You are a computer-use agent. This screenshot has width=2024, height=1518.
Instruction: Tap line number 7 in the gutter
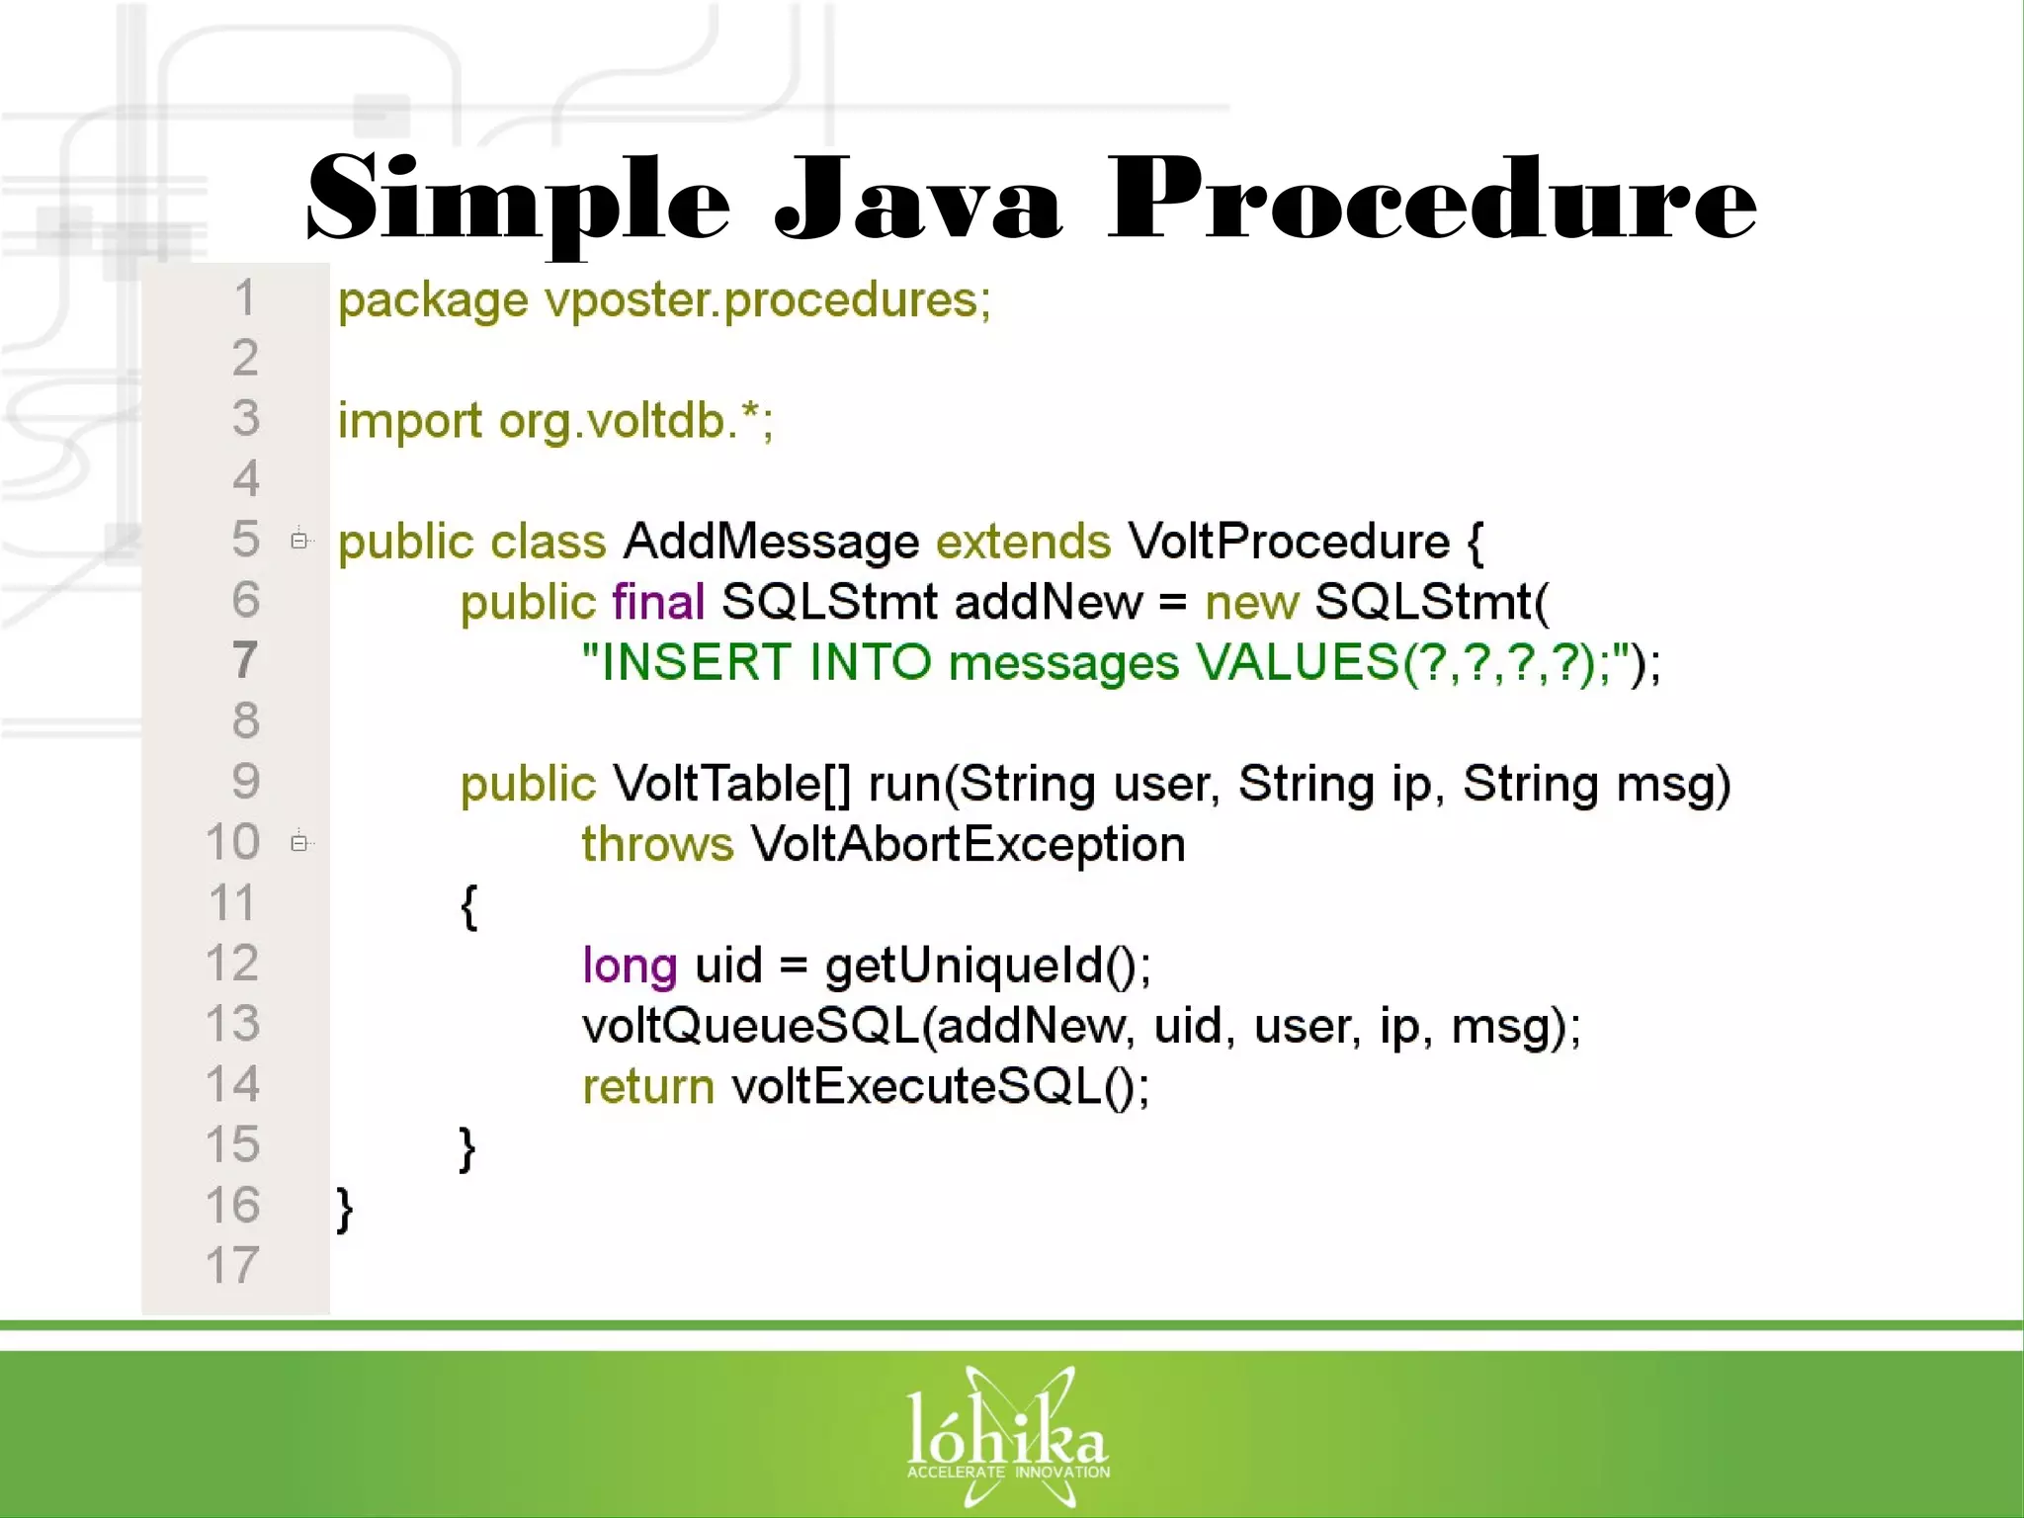click(245, 660)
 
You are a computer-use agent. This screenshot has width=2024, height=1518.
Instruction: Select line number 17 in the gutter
click(233, 1265)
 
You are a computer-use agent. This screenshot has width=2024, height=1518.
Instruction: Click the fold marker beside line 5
click(299, 541)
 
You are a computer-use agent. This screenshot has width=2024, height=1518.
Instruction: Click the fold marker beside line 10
click(299, 843)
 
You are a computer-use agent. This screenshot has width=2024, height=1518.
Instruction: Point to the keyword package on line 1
click(433, 301)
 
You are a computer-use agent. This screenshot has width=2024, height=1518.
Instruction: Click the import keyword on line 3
click(409, 422)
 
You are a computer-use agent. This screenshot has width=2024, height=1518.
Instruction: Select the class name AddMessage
click(771, 542)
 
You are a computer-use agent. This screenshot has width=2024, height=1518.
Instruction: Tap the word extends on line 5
click(1023, 542)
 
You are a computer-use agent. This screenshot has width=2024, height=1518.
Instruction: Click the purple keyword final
click(658, 602)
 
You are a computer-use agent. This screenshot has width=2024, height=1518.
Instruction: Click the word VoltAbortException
click(968, 844)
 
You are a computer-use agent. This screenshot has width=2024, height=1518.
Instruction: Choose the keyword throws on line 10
click(657, 844)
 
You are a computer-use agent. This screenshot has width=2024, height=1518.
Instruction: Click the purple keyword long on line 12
click(630, 966)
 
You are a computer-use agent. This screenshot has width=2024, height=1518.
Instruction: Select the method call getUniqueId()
click(986, 966)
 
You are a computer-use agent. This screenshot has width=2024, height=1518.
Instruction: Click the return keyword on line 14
click(648, 1087)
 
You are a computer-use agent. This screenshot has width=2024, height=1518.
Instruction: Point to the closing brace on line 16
click(344, 1209)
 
